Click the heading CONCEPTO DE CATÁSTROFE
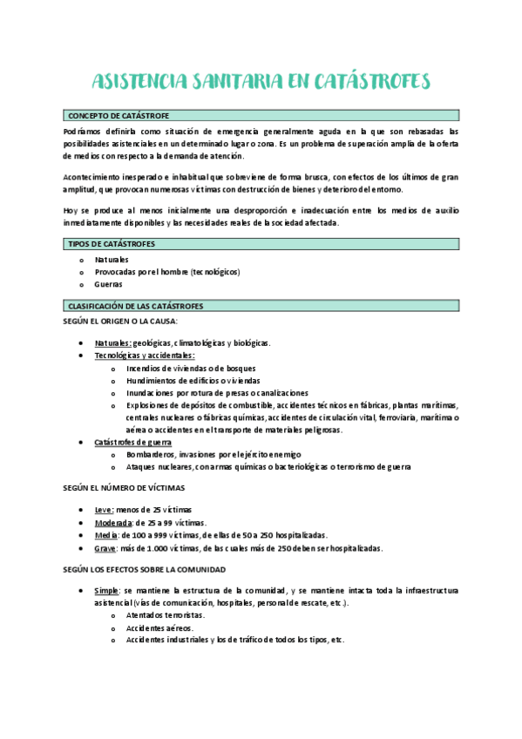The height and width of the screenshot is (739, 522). (119, 116)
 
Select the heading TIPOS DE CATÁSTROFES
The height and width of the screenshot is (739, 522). (112, 245)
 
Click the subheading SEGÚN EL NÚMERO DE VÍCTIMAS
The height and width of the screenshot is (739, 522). (124, 487)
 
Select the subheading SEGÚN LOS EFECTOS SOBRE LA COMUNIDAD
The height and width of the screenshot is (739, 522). (144, 568)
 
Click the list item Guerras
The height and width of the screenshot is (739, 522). (109, 284)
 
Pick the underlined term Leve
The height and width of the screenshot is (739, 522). (104, 509)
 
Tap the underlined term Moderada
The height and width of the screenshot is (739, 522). (113, 522)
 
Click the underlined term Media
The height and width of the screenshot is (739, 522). (105, 535)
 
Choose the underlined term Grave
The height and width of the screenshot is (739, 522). (105, 548)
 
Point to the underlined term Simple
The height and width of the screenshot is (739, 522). (107, 590)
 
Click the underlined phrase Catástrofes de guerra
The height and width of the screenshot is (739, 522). (132, 442)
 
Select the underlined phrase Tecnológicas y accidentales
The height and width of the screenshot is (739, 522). (145, 356)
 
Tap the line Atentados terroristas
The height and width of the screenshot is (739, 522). (159, 615)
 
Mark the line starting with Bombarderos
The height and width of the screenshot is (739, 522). (214, 454)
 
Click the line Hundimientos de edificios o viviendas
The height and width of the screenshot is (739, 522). (193, 381)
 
